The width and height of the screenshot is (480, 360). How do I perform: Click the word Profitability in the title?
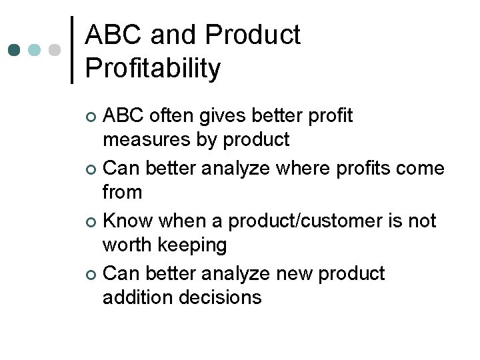(153, 68)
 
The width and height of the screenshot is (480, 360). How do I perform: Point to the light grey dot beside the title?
(55, 50)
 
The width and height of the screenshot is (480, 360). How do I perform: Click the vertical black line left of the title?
(72, 50)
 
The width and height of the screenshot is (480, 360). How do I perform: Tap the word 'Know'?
(128, 221)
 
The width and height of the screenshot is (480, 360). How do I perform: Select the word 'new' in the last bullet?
(285, 273)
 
